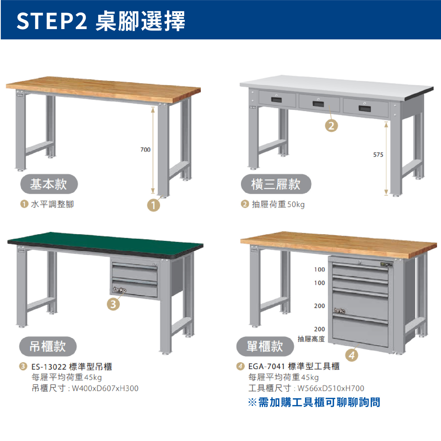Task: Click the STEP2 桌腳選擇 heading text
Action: tap(101, 21)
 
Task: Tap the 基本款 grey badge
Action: tap(49, 184)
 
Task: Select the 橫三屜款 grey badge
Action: tap(276, 184)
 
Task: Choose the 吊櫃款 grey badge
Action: tap(48, 346)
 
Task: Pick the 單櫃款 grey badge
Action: tap(265, 346)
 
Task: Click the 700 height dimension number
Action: tap(145, 150)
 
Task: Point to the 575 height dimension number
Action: tap(378, 155)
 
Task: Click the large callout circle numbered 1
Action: tap(153, 205)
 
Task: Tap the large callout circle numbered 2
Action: tap(331, 126)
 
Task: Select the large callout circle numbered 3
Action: tap(113, 304)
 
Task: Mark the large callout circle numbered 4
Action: tap(352, 355)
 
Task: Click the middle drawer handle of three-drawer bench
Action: tap(318, 104)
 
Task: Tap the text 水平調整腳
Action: tap(52, 204)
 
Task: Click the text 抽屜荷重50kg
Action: tap(278, 204)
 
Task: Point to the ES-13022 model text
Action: tap(49, 367)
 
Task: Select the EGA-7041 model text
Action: tap(266, 366)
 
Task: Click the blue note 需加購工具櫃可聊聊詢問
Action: tap(319, 402)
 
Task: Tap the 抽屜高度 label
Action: tap(311, 339)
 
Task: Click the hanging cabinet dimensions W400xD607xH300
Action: tap(105, 388)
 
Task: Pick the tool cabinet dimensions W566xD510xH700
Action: tap(331, 388)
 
